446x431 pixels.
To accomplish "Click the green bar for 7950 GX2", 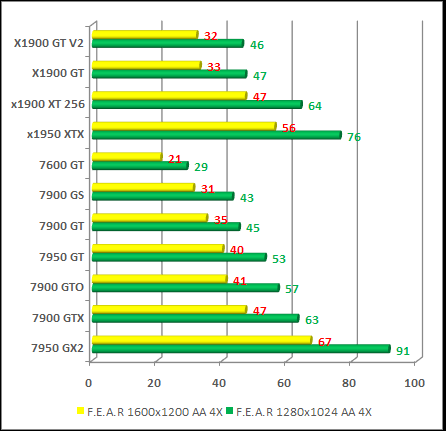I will coord(240,349).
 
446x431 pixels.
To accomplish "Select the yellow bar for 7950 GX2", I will coord(200,340).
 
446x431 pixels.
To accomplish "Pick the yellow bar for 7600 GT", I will coord(125,157).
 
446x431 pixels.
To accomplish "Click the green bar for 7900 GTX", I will coord(194,319).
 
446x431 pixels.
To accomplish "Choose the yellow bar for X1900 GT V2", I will coord(144,35).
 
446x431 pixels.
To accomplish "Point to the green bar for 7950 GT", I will coord(178,257).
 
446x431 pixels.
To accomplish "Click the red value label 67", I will coord(324,342).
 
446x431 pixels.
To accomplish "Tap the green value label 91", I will coord(403,351).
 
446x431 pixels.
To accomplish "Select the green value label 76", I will coord(353,137).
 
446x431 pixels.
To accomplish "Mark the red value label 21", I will coord(175,159).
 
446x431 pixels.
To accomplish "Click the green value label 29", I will coord(200,168).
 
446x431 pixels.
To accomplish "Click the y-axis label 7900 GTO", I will coord(57,288).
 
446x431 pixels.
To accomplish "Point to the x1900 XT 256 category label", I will coord(47,103).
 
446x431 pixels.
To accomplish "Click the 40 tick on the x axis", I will coord(219,382).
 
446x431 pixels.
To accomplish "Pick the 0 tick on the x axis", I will coord(90,382).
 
